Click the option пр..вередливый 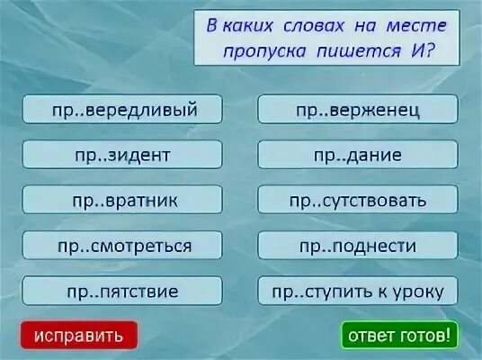[122, 110]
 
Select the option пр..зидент [122, 155]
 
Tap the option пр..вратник [122, 200]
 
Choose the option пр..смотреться [122, 245]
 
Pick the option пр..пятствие [122, 291]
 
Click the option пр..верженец [358, 110]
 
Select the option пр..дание [358, 155]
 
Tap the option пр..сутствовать [358, 200]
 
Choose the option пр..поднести [358, 245]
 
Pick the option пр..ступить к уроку [358, 291]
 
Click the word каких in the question [245, 25]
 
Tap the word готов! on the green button [426, 337]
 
